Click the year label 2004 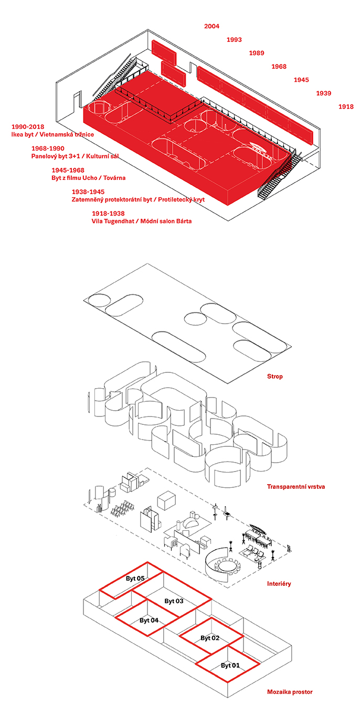(x=211, y=26)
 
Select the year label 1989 (x=256, y=53)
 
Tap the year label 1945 (x=301, y=80)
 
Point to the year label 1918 (x=346, y=106)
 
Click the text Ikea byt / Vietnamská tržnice (x=52, y=135)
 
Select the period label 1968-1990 (x=48, y=148)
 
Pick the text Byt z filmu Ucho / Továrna (x=89, y=178)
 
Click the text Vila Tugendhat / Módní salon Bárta (x=142, y=221)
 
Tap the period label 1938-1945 (x=88, y=192)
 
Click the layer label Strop (x=275, y=377)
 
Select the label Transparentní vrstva (x=296, y=487)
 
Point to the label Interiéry (x=279, y=584)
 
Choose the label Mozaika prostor (x=290, y=692)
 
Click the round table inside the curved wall (x=228, y=566)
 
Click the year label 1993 (x=234, y=40)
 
